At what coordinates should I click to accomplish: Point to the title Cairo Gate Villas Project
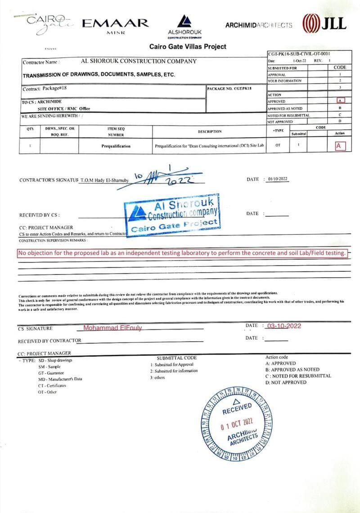188,46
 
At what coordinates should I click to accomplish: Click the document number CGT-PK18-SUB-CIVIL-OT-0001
301,54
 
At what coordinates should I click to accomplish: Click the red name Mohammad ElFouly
112,328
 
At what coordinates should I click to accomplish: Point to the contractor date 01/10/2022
277,179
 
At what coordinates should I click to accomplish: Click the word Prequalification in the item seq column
116,146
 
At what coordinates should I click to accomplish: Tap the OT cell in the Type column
278,145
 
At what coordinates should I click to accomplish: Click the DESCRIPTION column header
210,131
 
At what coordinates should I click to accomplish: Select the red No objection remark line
182,253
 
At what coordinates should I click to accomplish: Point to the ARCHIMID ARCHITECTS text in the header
258,26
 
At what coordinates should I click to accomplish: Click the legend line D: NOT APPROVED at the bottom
286,382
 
